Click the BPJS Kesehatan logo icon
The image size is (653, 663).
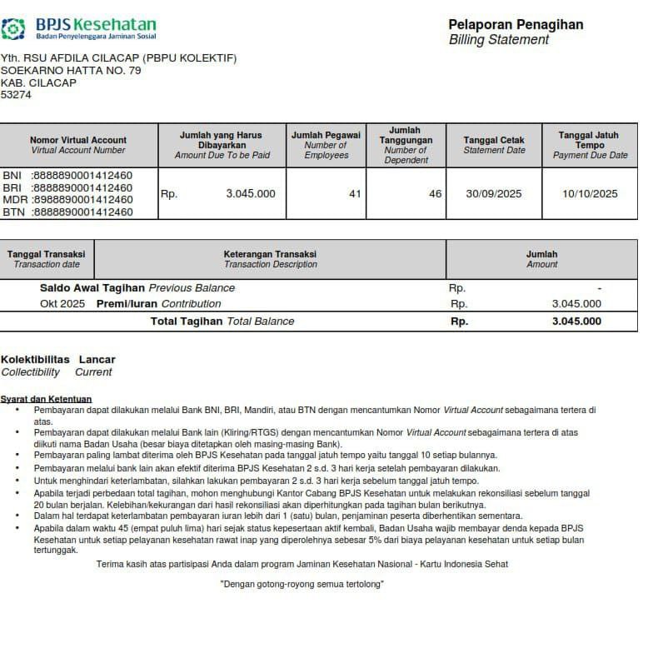pyautogui.click(x=13, y=29)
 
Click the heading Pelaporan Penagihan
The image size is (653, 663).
pyautogui.click(x=516, y=24)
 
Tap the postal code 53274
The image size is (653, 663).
pyautogui.click(x=16, y=95)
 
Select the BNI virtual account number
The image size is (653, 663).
pyautogui.click(x=82, y=176)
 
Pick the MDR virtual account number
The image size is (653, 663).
pyautogui.click(x=82, y=200)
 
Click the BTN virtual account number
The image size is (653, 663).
pyautogui.click(x=82, y=212)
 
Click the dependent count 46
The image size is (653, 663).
pyautogui.click(x=435, y=194)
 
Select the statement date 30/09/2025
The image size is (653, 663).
pyautogui.click(x=494, y=194)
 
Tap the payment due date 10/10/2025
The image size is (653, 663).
pyautogui.click(x=590, y=194)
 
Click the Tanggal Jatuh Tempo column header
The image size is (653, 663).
pyautogui.click(x=590, y=145)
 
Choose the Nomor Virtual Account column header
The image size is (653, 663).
pyautogui.click(x=78, y=145)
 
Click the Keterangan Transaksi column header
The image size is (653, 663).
pyautogui.click(x=270, y=259)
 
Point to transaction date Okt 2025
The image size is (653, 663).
pyautogui.click(x=62, y=304)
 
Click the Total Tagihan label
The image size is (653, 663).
pyautogui.click(x=186, y=322)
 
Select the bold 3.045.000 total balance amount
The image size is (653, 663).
pyautogui.click(x=576, y=322)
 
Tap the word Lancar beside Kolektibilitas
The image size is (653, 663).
pyautogui.click(x=97, y=360)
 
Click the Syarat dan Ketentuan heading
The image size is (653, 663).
pyautogui.click(x=46, y=399)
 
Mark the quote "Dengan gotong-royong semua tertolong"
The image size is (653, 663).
pyautogui.click(x=302, y=585)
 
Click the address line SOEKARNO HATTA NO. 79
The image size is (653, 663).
pyautogui.click(x=71, y=70)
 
